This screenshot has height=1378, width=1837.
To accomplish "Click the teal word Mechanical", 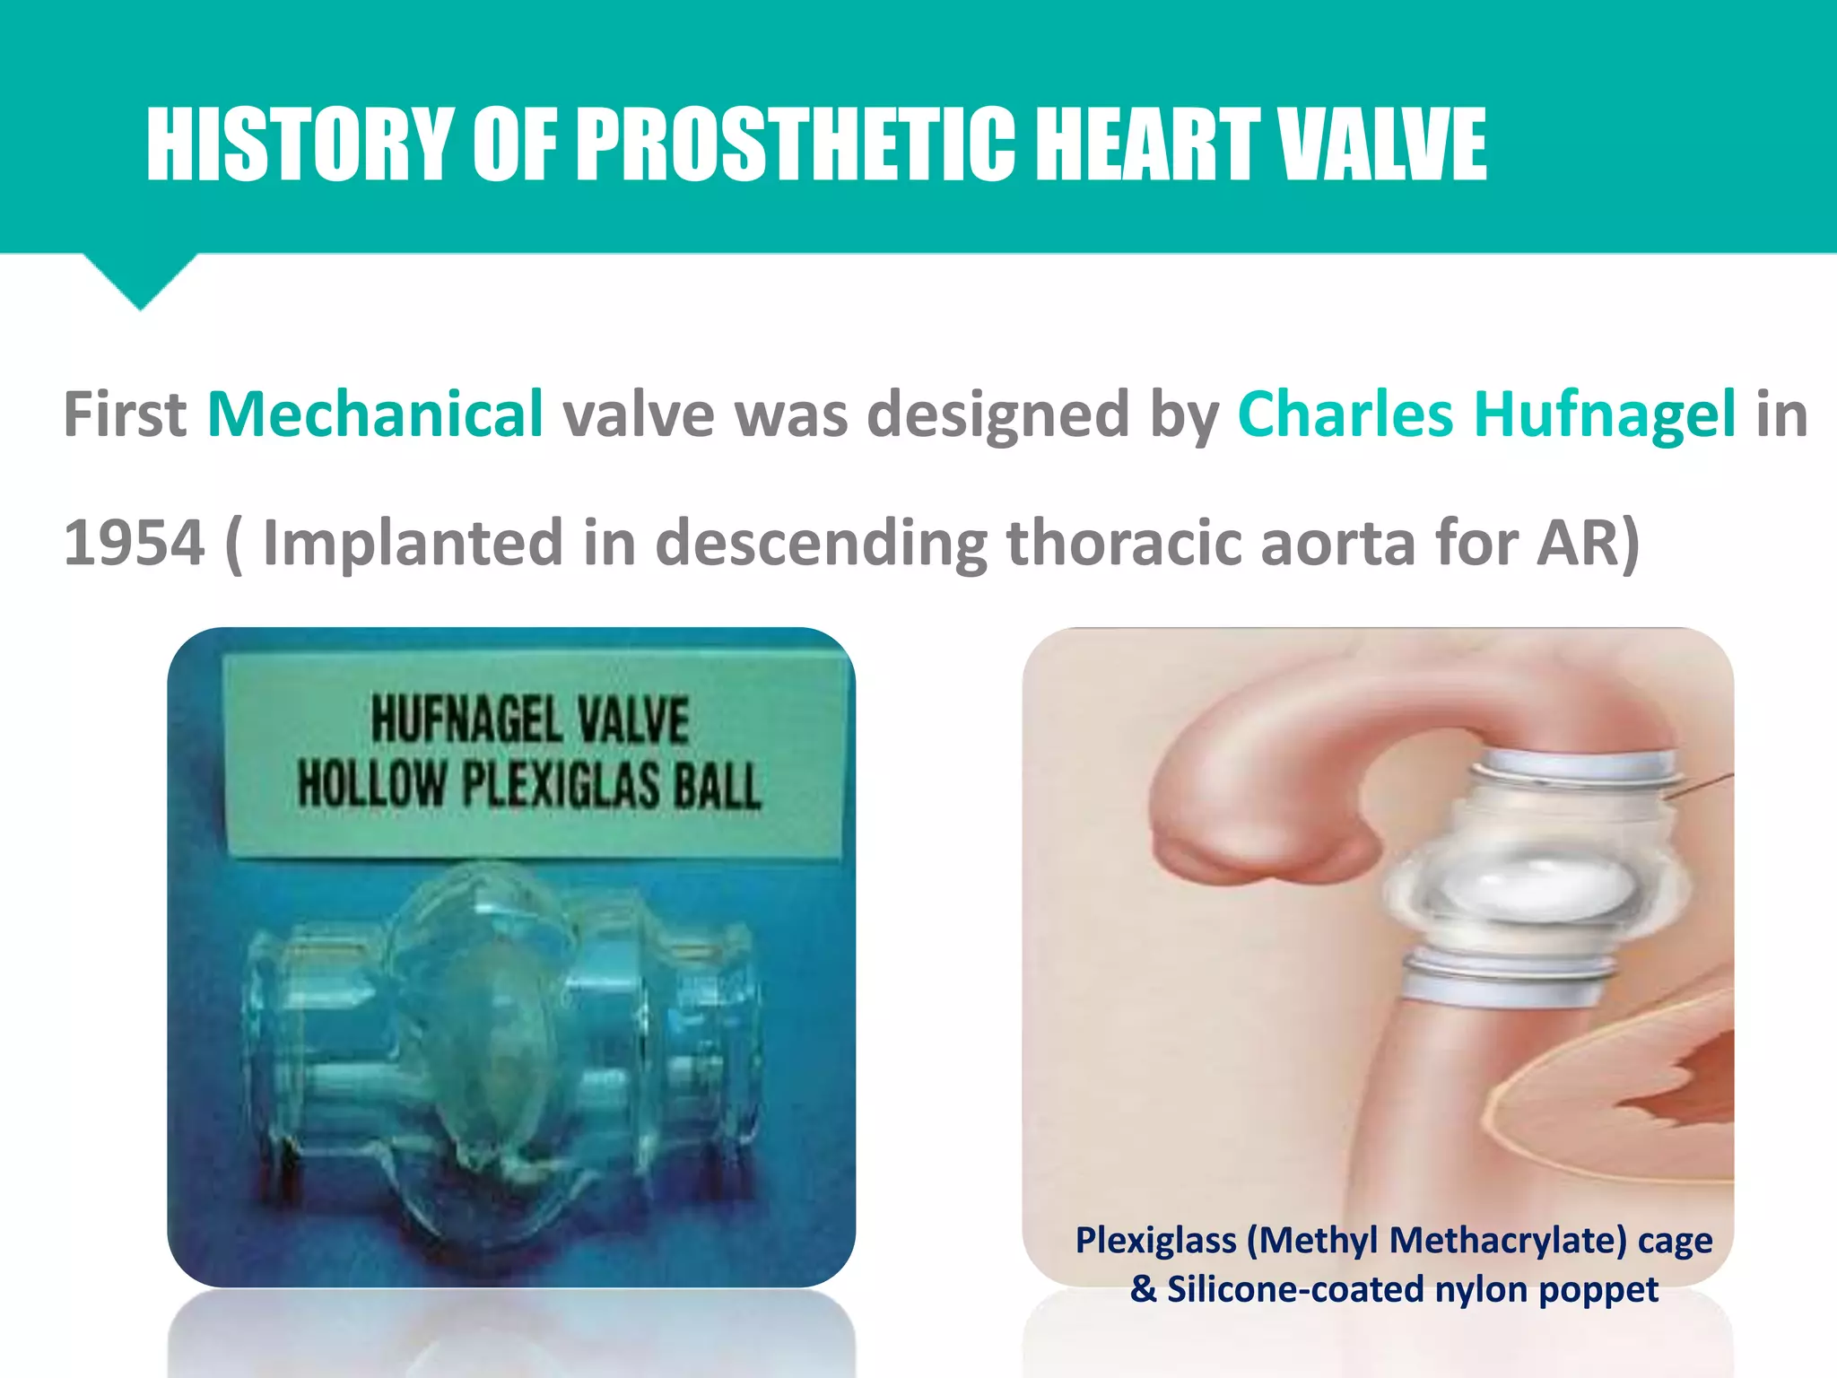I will [x=375, y=414].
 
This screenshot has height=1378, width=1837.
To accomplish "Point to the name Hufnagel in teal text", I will [x=1605, y=414].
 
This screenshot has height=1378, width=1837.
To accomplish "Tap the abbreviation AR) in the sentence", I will [x=1588, y=543].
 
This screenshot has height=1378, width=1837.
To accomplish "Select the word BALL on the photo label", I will [x=718, y=785].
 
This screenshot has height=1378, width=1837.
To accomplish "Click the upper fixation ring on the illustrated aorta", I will [x=1574, y=772].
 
